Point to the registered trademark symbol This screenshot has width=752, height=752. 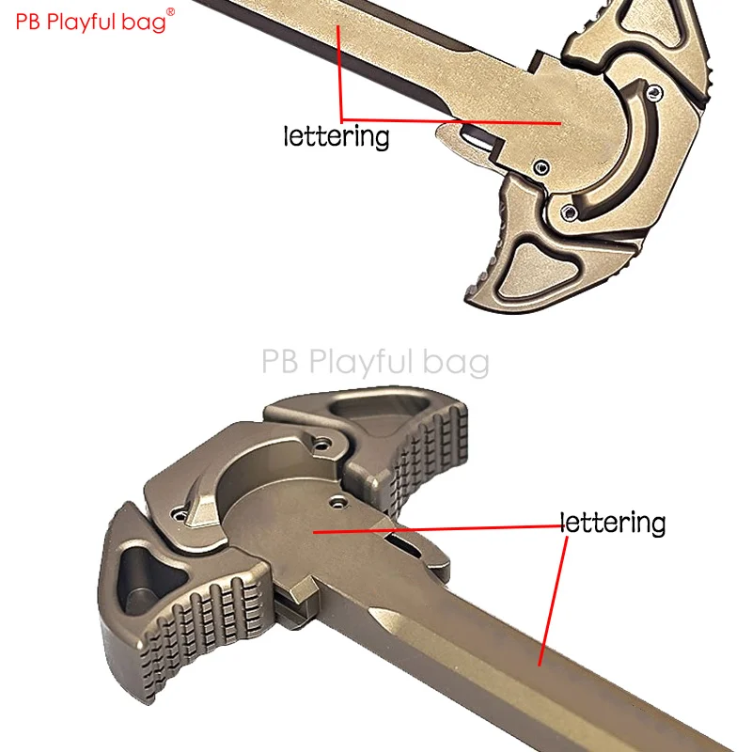(170, 11)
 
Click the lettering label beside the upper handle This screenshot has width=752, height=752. (337, 136)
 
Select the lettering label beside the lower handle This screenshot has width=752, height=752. (613, 523)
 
